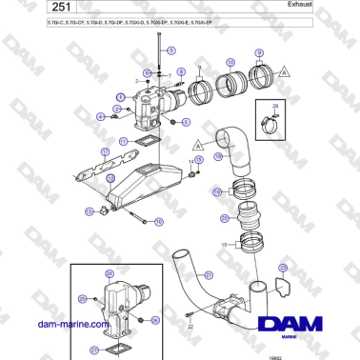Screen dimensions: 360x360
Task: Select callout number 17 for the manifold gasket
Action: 124,141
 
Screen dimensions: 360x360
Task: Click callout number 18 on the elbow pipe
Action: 217,156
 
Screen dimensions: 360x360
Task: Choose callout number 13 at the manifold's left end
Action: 90,210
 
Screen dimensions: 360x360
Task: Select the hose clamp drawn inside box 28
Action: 270,121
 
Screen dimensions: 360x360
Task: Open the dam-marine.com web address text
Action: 57,323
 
